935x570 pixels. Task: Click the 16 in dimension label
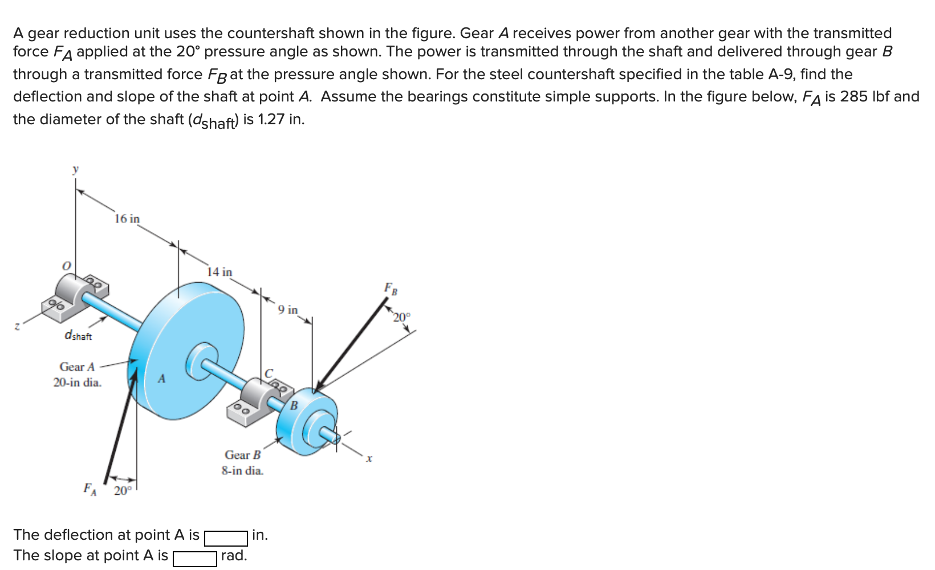(x=127, y=219)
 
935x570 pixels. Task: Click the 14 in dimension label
(x=219, y=272)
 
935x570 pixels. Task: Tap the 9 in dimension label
(x=288, y=310)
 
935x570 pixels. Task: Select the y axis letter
(x=75, y=169)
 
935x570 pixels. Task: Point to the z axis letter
(x=17, y=327)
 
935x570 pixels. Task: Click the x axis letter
(x=369, y=458)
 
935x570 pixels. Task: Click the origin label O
(x=67, y=266)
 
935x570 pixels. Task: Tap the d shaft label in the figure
(x=78, y=335)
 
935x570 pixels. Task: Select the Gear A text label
(x=77, y=367)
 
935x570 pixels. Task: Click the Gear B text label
(x=242, y=455)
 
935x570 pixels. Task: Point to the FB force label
(x=391, y=288)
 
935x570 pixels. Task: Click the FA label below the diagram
(x=90, y=488)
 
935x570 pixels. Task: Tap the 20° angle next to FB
(x=401, y=317)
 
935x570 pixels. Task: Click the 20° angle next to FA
(x=123, y=491)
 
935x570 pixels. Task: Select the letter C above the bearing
(x=269, y=373)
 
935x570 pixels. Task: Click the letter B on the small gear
(x=294, y=406)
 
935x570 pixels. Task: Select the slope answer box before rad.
(x=194, y=559)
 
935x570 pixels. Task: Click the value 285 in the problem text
(x=853, y=96)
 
